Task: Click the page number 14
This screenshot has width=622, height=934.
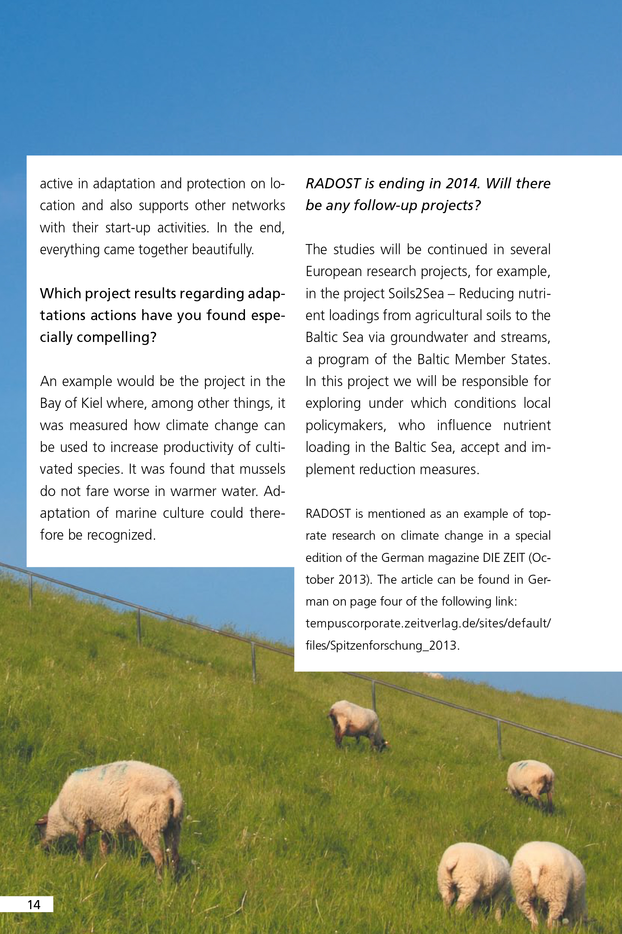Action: click(34, 905)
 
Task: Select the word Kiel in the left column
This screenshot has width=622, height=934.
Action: click(92, 403)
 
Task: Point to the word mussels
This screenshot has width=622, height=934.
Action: click(263, 469)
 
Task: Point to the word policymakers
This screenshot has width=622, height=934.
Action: click(345, 426)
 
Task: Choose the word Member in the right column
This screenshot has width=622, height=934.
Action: click(481, 359)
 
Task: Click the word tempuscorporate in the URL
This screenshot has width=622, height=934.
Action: click(354, 624)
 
